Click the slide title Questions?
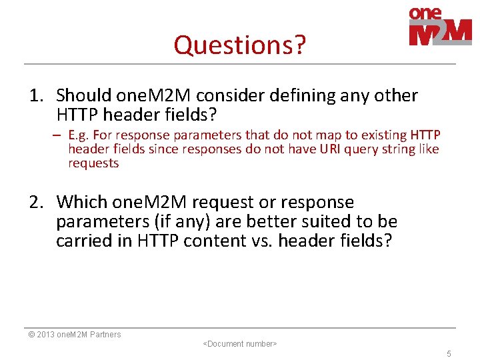[239, 45]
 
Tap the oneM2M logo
[440, 27]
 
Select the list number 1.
[36, 96]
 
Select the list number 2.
[36, 202]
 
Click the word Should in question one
[83, 96]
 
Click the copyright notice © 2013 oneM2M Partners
[75, 335]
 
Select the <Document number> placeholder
[239, 344]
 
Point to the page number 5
[449, 354]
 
